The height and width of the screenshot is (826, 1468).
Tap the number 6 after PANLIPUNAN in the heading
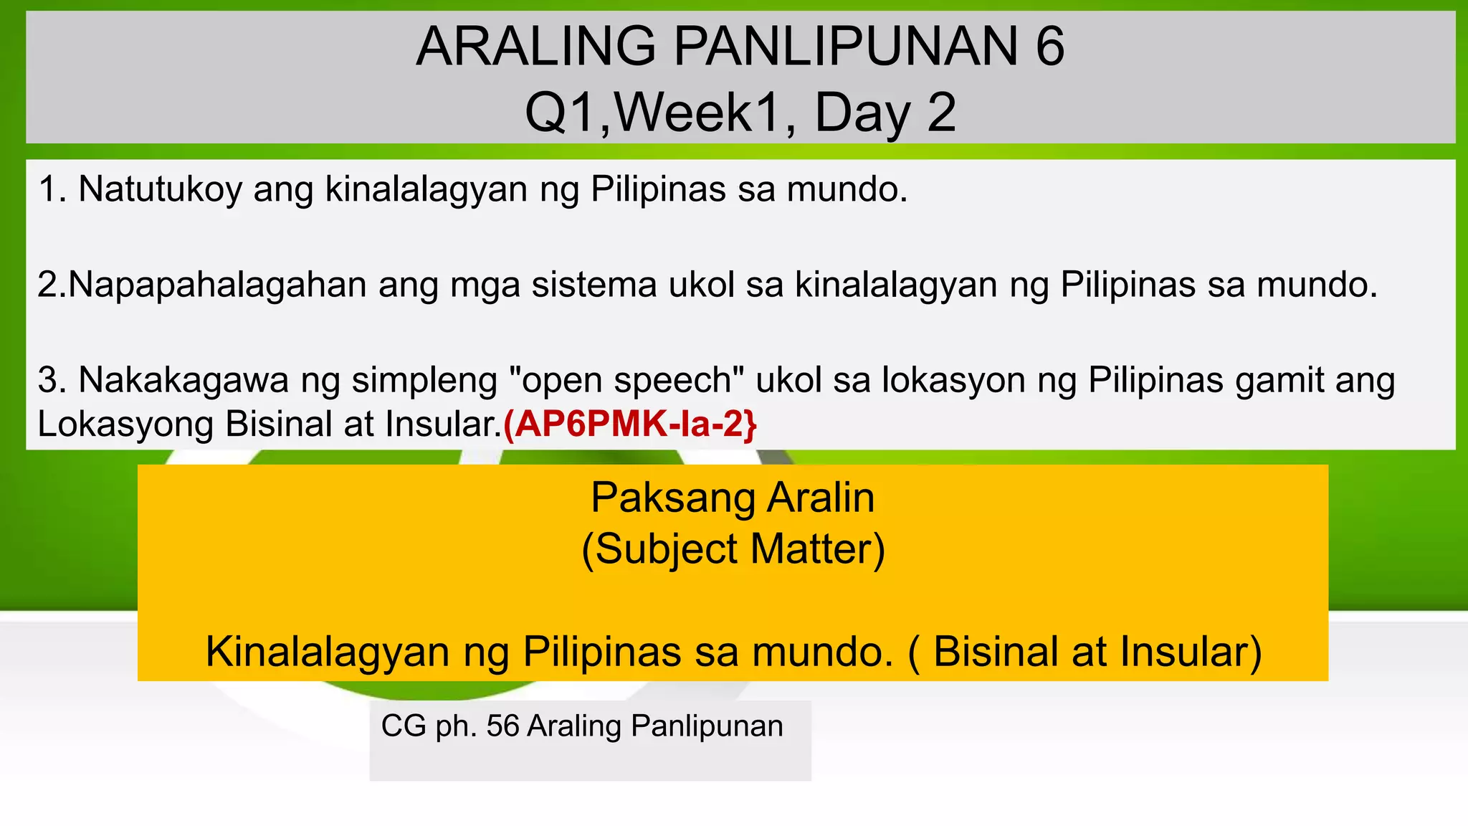[1049, 47]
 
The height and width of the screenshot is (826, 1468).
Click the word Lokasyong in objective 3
[125, 424]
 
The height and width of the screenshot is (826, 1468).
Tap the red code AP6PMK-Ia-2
[629, 424]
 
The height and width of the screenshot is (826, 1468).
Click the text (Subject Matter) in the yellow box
[733, 549]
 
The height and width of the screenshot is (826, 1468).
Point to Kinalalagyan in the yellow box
[326, 652]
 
